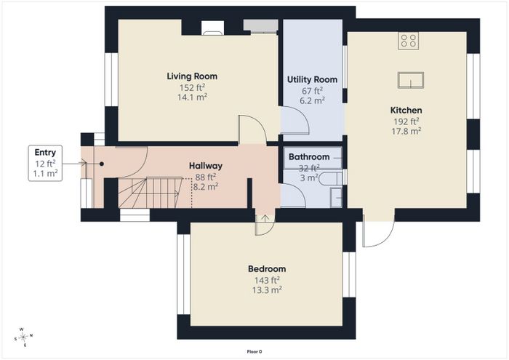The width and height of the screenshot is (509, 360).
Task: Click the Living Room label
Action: point(192,76)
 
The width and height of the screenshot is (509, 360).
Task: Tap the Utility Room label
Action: point(312,79)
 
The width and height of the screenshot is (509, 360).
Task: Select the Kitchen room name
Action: point(406,110)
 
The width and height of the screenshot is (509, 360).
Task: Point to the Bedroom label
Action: point(267,269)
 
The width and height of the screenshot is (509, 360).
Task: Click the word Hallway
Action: point(206,166)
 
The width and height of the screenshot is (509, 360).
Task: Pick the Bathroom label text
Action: point(309,157)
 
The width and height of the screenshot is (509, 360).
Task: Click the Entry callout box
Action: point(45,163)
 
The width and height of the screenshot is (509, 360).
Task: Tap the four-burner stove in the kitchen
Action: point(409,41)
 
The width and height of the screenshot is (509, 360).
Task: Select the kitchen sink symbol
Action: point(411,80)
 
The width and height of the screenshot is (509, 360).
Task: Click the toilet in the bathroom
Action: point(330,179)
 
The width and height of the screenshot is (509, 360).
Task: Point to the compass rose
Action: point(23,337)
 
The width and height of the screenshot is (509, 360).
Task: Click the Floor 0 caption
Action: point(254,351)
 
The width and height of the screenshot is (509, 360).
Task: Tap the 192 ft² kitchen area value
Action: point(406,121)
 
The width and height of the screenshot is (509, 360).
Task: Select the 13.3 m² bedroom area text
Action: point(267,290)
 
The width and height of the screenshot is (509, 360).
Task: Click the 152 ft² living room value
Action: point(192,88)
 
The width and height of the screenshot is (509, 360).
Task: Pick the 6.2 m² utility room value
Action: point(312,100)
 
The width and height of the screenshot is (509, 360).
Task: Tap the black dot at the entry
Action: point(102,164)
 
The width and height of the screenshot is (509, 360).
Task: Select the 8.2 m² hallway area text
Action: point(206,187)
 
